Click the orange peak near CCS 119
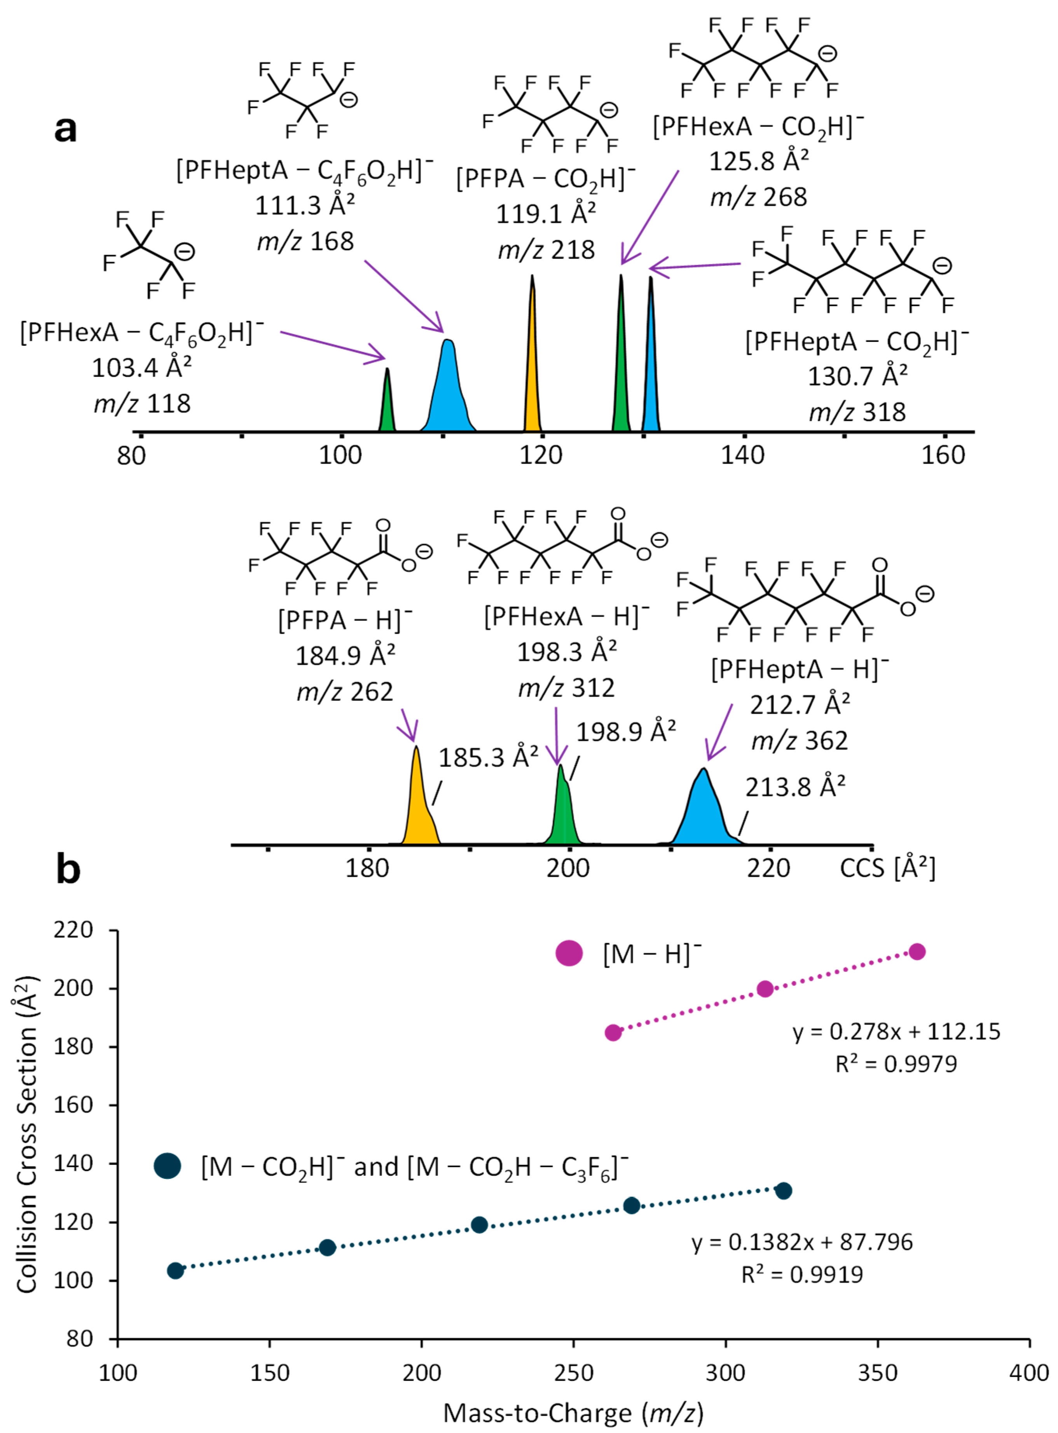coord(532,371)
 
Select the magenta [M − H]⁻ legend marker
coord(569,953)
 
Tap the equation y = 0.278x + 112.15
coord(896,1032)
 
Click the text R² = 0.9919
coord(802,1274)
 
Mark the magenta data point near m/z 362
coord(917,952)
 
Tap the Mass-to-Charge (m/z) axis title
coord(573,1412)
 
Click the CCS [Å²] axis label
coord(887,868)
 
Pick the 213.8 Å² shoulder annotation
coord(795,787)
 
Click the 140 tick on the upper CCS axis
coord(743,455)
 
